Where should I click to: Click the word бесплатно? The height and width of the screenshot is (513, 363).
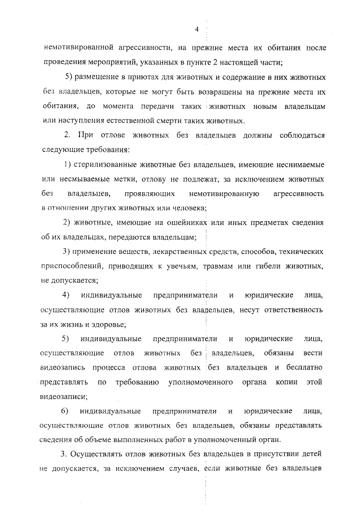(301, 367)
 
